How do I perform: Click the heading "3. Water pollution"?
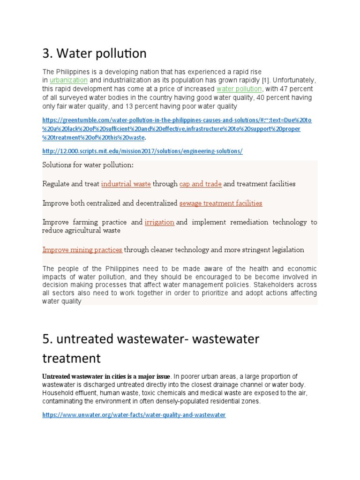(94, 54)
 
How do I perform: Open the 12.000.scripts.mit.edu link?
(142, 151)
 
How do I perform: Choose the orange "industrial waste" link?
(126, 184)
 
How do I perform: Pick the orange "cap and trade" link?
(200, 184)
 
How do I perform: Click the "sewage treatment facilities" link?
(221, 203)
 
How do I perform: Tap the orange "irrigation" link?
(159, 222)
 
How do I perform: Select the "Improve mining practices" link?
(82, 250)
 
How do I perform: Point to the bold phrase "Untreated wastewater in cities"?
(87, 376)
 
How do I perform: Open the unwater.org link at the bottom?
(134, 415)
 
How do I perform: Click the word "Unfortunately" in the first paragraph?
(294, 80)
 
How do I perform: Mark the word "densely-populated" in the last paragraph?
(179, 402)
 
